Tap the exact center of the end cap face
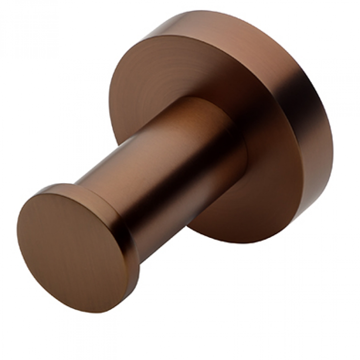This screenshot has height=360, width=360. point(74,251)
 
